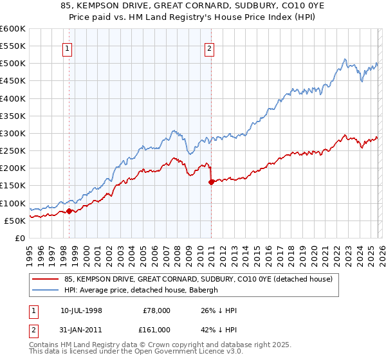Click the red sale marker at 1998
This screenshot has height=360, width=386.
(x=69, y=211)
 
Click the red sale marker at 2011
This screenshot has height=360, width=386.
(x=212, y=182)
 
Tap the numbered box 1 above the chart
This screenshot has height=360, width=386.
(x=68, y=47)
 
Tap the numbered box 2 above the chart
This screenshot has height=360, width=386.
(x=210, y=47)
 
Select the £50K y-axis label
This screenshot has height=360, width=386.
(x=15, y=221)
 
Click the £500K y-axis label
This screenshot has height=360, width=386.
(x=12, y=64)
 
